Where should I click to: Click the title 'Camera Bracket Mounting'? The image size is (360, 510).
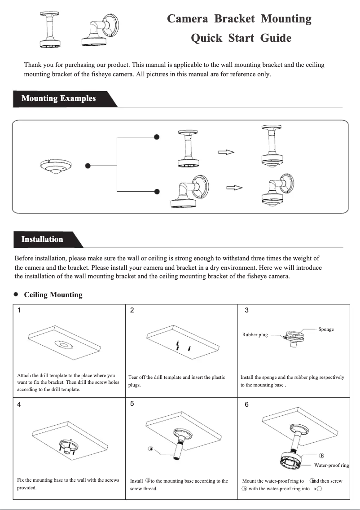pos(239,19)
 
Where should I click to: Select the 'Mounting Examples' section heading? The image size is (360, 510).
pos(58,98)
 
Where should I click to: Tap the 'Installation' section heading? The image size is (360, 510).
pos(42,239)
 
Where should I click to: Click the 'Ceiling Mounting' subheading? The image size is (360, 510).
pos(53,295)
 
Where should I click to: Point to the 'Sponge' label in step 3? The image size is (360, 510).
pos(326,330)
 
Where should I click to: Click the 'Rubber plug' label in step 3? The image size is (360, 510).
pos(255,335)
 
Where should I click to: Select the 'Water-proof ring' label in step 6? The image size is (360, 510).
pos(331,465)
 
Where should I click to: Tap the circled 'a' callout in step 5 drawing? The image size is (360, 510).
pos(151,448)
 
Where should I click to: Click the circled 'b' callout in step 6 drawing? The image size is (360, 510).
pos(321,456)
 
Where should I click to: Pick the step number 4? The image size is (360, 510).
pos(19,404)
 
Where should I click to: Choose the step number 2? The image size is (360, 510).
pos(132,310)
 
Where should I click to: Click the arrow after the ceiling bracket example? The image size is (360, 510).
pos(226,152)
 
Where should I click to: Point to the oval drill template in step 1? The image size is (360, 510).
pos(66,345)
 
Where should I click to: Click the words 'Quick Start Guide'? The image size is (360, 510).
pos(241,38)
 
